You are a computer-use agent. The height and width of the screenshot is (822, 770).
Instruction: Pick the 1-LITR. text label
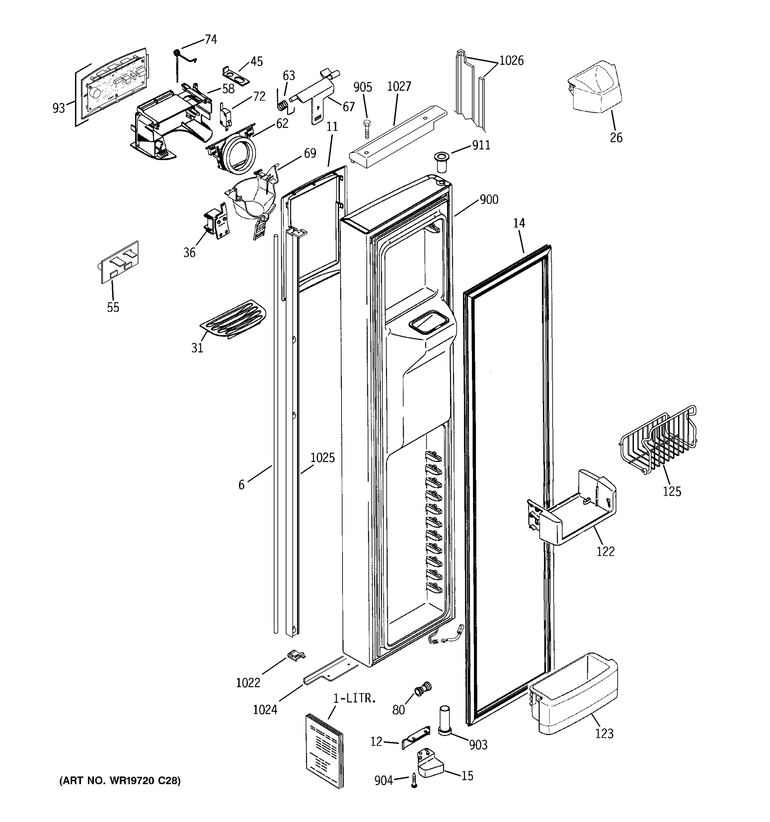click(x=355, y=698)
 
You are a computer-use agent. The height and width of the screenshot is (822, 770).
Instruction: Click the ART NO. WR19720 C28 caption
click(x=120, y=781)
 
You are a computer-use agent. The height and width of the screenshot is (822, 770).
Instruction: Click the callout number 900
click(x=489, y=200)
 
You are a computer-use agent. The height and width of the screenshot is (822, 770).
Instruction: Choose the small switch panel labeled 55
click(x=120, y=262)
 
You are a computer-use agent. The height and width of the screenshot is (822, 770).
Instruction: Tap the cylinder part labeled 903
click(x=445, y=720)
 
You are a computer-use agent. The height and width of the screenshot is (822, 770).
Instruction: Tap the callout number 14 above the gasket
click(x=519, y=223)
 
